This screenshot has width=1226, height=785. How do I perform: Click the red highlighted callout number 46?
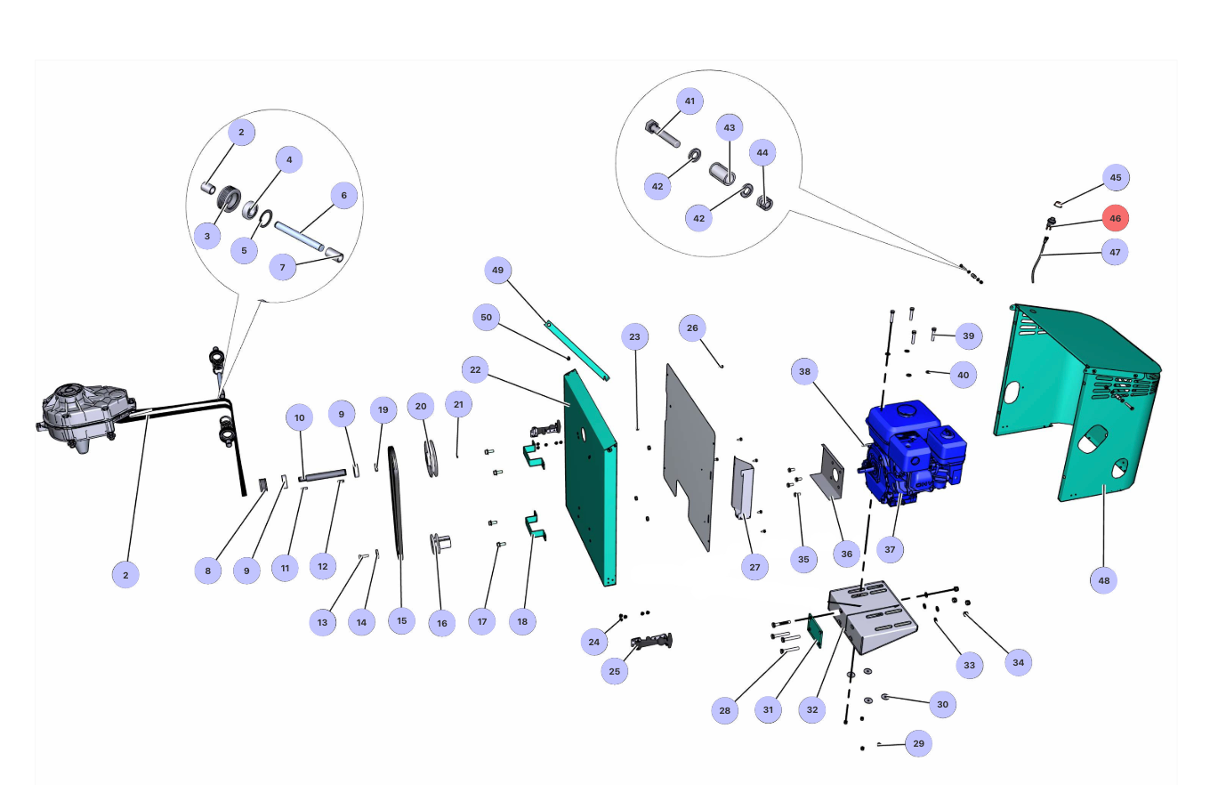(x=1115, y=218)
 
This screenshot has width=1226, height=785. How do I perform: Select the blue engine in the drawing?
(x=912, y=454)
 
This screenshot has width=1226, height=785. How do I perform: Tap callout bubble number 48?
(x=1103, y=580)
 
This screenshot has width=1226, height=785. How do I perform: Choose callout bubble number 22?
(x=475, y=369)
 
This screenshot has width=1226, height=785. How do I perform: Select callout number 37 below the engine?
(x=890, y=549)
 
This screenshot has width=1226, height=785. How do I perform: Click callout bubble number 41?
(x=690, y=101)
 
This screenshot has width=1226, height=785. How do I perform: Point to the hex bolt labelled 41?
(x=662, y=134)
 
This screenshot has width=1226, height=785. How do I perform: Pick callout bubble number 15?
(x=401, y=621)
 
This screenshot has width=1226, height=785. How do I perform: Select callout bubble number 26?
(x=692, y=328)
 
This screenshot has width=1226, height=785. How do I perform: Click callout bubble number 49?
(x=497, y=271)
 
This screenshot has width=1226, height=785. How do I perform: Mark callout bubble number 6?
(x=343, y=196)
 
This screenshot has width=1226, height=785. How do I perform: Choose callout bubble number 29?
(x=918, y=743)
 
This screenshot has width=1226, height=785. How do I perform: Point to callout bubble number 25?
(x=615, y=671)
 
